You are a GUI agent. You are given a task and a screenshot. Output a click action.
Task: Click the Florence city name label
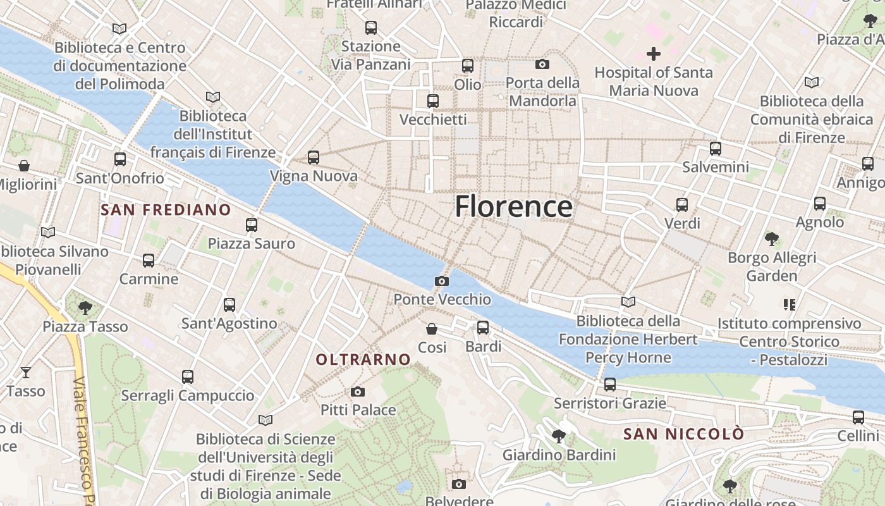click(513, 207)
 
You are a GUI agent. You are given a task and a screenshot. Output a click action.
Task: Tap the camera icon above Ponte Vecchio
click(442, 281)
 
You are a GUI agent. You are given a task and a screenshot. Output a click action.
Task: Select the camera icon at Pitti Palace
click(358, 392)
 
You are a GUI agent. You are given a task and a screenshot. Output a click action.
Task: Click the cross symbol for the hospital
click(654, 54)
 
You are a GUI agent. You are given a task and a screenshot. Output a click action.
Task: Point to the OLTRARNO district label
click(363, 360)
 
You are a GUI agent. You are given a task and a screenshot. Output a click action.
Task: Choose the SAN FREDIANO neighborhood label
click(166, 210)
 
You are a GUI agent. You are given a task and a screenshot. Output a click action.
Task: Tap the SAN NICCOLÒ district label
click(683, 435)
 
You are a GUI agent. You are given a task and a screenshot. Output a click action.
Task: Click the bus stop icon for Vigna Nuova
click(314, 157)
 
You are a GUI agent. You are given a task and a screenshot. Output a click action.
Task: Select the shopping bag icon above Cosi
click(432, 328)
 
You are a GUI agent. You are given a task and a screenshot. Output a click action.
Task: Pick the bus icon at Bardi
click(483, 327)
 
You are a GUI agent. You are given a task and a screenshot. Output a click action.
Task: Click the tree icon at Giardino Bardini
click(558, 436)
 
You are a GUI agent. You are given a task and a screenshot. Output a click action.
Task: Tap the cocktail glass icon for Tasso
click(26, 372)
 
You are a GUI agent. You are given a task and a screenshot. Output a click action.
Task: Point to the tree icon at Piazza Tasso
click(85, 308)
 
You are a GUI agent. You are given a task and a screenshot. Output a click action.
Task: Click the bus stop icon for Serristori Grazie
click(610, 384)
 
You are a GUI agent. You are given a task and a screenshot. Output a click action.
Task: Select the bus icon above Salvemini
click(715, 149)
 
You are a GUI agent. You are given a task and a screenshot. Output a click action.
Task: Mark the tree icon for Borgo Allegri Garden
click(771, 238)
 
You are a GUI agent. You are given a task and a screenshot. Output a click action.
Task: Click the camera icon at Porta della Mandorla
click(542, 64)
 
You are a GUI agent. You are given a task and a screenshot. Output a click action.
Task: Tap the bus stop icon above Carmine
click(149, 260)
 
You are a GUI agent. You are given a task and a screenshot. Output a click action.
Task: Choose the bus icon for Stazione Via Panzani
click(371, 28)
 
